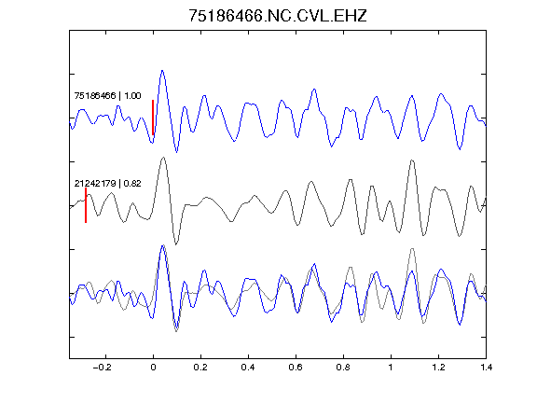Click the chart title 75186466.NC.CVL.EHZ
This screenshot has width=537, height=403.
pos(278,16)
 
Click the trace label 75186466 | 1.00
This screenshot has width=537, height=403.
pos(107,95)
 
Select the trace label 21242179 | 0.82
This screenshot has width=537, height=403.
pos(107,184)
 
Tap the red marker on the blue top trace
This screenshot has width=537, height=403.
pos(153,118)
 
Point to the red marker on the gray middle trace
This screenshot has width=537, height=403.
pos(86,205)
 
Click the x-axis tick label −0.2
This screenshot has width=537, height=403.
pos(103,368)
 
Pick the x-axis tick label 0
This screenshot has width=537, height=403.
pos(153,368)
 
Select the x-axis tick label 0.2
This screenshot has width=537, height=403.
pos(200,368)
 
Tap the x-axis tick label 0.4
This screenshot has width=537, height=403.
pos(248,368)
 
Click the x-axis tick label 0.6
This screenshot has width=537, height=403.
pos(296,368)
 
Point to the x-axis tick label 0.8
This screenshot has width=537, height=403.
pos(343,368)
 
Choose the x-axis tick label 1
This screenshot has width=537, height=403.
pos(391,368)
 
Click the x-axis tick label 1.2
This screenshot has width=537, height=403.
pos(438,368)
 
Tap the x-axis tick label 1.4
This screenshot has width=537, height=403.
pos(486,368)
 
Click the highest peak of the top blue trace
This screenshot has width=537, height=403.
pos(162,71)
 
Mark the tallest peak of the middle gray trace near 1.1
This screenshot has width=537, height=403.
pos(412,160)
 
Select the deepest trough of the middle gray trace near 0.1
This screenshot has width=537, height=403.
pos(176,244)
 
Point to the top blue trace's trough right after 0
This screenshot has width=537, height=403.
pos(177,152)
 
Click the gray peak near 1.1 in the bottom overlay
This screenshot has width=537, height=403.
pos(412,248)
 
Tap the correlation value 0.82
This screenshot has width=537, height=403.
pos(132,184)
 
